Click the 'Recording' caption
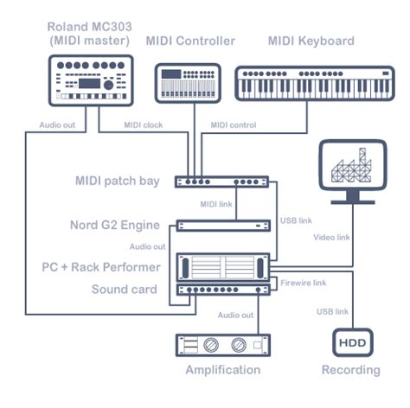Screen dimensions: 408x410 click(351, 370)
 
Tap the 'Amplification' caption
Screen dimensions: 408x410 click(222, 370)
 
